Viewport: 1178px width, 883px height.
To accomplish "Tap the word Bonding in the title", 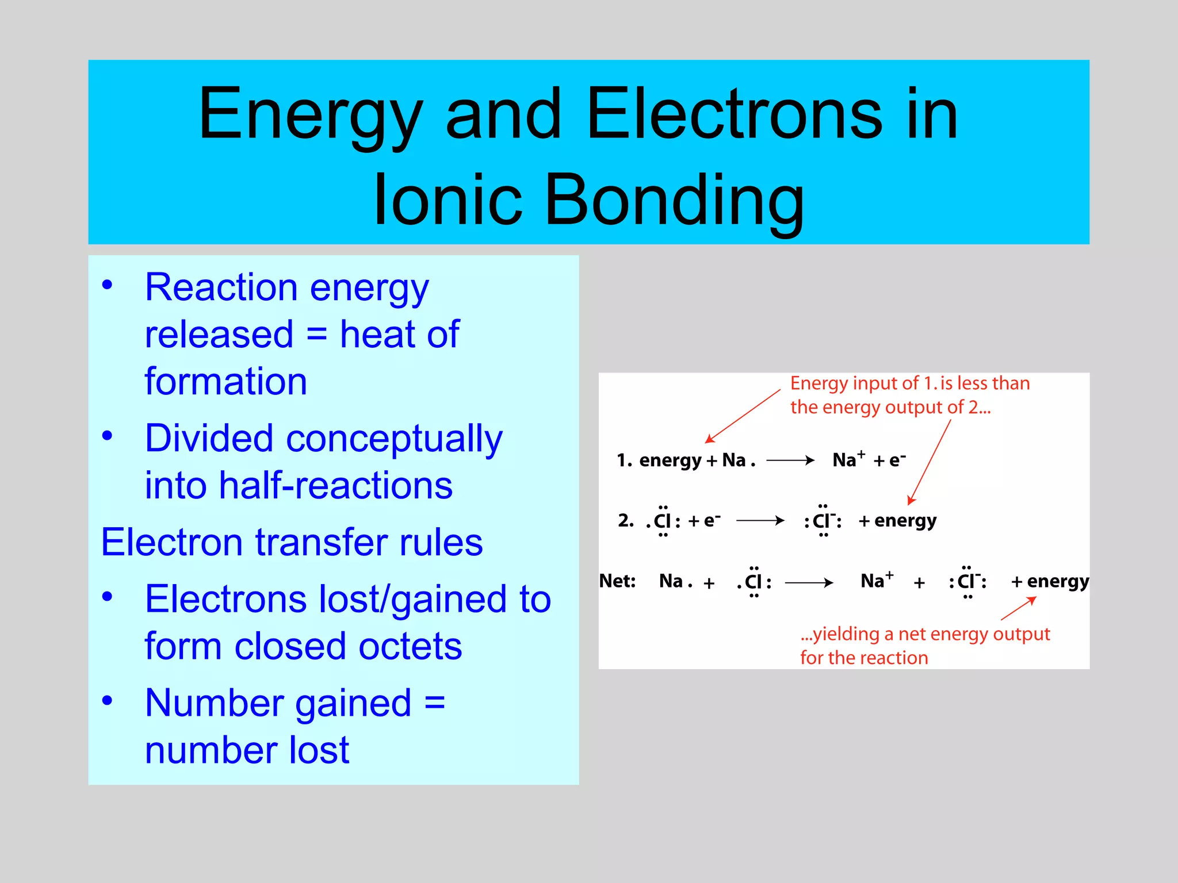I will (674, 199).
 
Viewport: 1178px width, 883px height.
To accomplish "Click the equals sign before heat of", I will (316, 334).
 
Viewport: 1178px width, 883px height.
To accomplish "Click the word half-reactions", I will (336, 485).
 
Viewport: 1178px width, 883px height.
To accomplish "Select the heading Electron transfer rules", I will (292, 542).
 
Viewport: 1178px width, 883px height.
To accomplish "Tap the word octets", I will (410, 646).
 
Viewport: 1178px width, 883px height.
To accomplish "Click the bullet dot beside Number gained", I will (107, 700).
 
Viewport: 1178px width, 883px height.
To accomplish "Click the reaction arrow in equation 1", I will (790, 460).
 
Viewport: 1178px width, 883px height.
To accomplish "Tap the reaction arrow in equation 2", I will (760, 521).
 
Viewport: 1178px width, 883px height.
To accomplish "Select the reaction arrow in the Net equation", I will (809, 582).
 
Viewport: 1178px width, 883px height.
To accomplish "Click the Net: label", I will (617, 581).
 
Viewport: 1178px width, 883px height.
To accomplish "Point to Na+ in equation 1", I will (848, 460).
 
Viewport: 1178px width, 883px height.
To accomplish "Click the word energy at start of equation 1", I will (670, 460).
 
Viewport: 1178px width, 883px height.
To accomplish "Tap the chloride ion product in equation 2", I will (823, 521).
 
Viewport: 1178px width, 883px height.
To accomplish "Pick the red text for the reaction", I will (864, 658).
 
